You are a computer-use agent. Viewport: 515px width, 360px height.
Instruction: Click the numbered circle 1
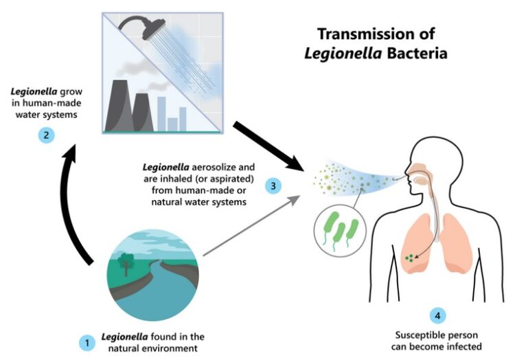pyautogui.click(x=87, y=343)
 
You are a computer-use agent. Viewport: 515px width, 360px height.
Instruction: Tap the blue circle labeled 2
pyautogui.click(x=46, y=135)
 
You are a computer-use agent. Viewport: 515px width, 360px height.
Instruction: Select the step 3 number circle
pyautogui.click(x=273, y=186)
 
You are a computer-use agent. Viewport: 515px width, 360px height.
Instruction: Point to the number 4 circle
pyautogui.click(x=437, y=315)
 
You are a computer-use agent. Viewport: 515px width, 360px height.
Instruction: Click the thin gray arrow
pyautogui.click(x=252, y=225)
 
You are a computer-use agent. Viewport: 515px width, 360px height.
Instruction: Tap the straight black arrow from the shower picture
pyautogui.click(x=268, y=146)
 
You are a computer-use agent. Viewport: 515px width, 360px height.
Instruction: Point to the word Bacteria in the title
pyautogui.click(x=417, y=53)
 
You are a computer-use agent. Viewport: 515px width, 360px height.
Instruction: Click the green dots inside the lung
pyautogui.click(x=409, y=258)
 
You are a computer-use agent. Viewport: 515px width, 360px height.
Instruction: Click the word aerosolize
pyautogui.click(x=214, y=167)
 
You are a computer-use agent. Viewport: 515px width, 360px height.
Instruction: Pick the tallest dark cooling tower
pyautogui.click(x=117, y=106)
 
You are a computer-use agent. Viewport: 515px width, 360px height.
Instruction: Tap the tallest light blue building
pyautogui.click(x=161, y=113)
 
